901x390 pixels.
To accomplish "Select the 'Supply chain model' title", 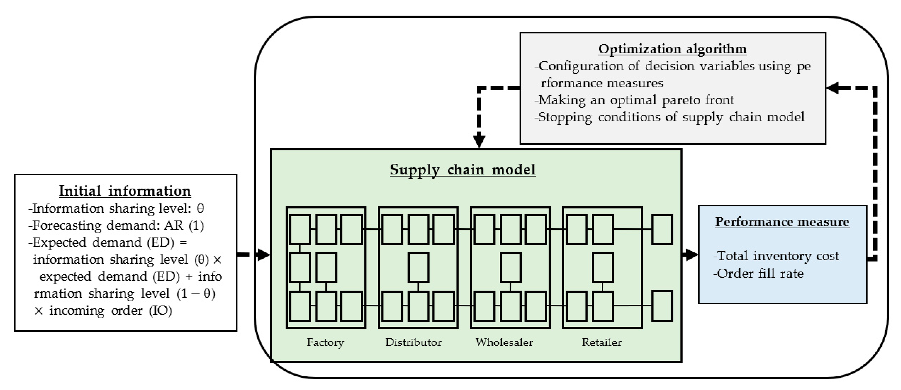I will click(462, 170).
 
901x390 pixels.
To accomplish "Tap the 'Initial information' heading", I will click(125, 191).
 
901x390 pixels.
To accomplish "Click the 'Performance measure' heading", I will click(782, 222).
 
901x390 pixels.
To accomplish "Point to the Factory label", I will click(325, 342).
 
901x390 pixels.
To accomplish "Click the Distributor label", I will click(413, 342).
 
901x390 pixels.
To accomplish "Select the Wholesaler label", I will click(504, 342).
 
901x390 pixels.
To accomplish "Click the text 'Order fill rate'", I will click(758, 274).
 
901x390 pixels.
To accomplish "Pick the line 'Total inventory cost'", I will click(776, 256).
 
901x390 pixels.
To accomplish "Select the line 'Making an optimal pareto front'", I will click(634, 100).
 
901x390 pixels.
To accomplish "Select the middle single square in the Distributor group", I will click(418, 267).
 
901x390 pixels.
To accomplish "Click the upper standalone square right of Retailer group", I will click(662, 229).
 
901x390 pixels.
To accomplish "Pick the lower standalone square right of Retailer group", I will click(662, 306).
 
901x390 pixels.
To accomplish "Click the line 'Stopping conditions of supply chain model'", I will click(669, 117).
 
